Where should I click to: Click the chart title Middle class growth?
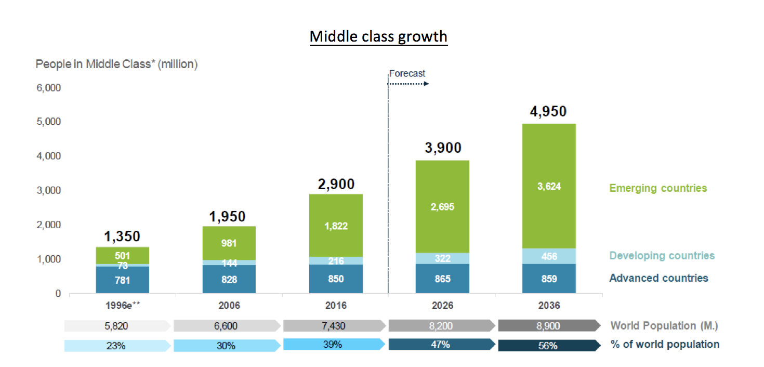coord(378,37)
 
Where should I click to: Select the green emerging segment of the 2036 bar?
coord(549,186)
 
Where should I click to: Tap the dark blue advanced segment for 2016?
coord(336,279)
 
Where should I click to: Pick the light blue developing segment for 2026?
coord(442,258)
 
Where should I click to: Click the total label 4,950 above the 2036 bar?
coord(548,112)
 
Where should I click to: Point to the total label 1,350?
coord(122,237)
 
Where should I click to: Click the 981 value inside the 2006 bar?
coord(229,243)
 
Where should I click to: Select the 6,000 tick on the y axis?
coord(49,88)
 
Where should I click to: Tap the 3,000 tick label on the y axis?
coord(49,190)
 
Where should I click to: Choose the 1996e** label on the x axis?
coord(123,305)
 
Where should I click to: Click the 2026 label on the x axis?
coord(442,305)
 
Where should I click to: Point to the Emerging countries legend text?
coord(658,188)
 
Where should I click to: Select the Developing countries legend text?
coord(662,255)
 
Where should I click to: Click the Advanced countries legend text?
coord(658,278)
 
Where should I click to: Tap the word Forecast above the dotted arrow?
coord(407,73)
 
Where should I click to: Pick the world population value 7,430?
coord(333,326)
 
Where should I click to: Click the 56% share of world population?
coord(548,346)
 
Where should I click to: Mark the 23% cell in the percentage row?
coord(116,346)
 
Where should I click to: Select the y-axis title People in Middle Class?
coord(116,64)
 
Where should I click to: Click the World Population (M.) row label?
coord(664,326)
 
